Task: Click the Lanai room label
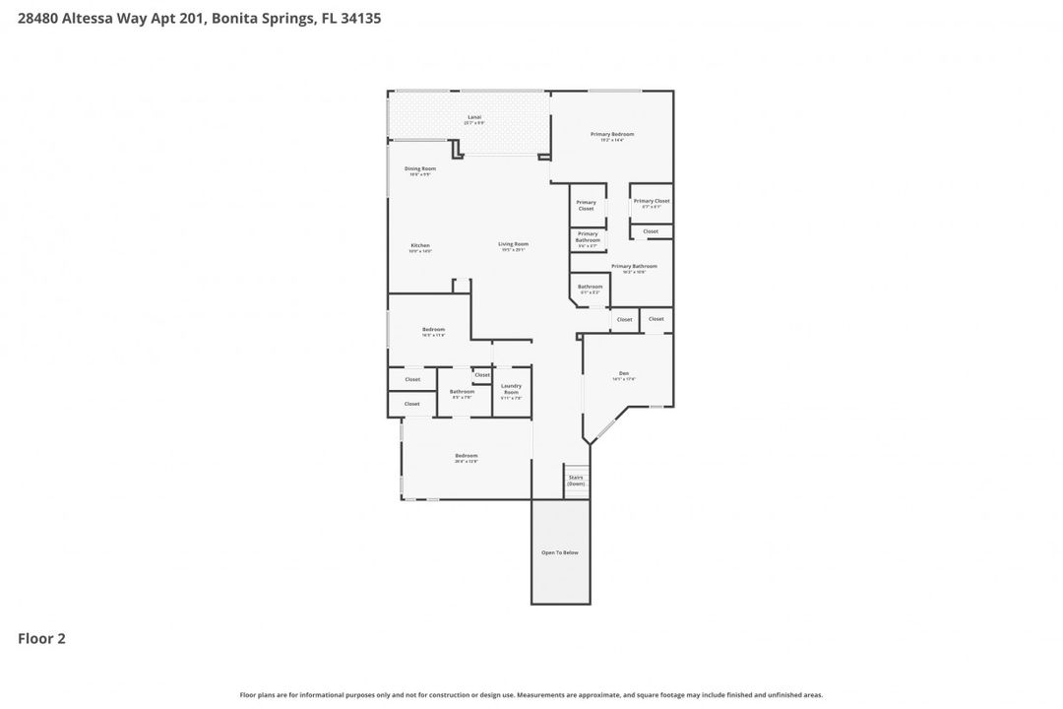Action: click(474, 119)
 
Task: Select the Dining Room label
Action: click(420, 170)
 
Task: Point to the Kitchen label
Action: click(420, 247)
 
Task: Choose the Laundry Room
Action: click(511, 390)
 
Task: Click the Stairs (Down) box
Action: click(576, 481)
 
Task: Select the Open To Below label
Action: click(560, 552)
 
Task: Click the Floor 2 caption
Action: click(41, 638)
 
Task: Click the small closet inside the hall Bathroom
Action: click(482, 375)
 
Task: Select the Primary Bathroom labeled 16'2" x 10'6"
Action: click(633, 268)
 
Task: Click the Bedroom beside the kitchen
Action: click(433, 331)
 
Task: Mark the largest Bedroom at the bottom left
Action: click(466, 457)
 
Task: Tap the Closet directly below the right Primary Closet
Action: click(651, 231)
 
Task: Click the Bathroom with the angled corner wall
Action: click(590, 289)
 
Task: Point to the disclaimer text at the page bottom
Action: click(531, 695)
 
